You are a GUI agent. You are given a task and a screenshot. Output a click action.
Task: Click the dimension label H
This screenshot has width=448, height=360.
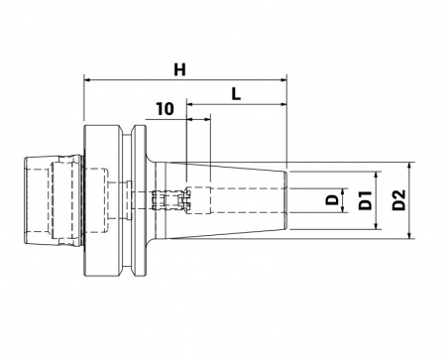(179, 70)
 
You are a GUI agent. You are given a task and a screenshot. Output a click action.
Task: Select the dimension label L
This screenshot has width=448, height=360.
(236, 94)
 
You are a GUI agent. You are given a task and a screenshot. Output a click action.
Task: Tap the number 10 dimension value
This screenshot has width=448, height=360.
(165, 109)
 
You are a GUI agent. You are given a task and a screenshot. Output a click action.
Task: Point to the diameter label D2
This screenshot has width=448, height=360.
(398, 200)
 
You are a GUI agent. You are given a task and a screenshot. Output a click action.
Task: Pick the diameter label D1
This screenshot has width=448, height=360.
(366, 200)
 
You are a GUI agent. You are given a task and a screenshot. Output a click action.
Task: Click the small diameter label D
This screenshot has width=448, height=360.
(332, 199)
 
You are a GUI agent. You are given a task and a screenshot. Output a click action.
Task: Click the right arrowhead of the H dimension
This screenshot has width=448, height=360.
(283, 79)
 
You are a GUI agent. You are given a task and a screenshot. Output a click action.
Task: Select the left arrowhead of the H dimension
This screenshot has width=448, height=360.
(87, 79)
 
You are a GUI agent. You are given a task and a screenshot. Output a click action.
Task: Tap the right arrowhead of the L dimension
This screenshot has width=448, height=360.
(283, 104)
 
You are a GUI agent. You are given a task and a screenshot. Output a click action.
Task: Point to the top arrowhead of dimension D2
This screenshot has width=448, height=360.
(409, 166)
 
